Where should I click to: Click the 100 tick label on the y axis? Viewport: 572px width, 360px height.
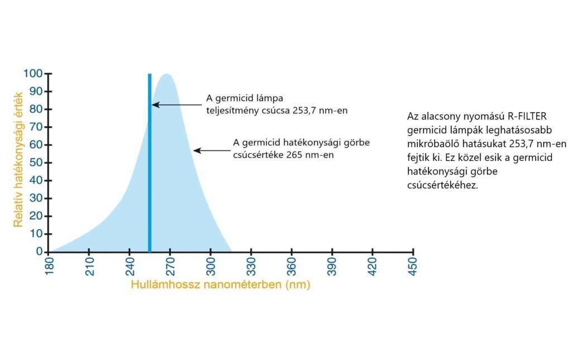click(33, 73)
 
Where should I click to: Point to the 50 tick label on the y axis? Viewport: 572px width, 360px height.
click(36, 163)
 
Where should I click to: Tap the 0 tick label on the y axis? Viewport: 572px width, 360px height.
click(40, 251)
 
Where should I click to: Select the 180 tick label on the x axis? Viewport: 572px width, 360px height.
click(49, 266)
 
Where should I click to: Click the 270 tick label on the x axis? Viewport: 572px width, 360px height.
click(170, 266)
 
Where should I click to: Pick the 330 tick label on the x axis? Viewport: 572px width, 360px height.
click(251, 266)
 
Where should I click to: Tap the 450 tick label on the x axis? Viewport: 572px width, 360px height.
click(413, 266)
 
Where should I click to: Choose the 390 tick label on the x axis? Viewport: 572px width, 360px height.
click(332, 266)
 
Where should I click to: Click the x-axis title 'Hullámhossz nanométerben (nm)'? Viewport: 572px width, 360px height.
click(221, 285)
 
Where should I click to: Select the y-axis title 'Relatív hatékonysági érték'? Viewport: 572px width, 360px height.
click(18, 159)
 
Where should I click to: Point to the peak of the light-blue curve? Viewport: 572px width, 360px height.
click(166, 74)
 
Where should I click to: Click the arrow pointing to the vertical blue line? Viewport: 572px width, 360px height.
click(177, 105)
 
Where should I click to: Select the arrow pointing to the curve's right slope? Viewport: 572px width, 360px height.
click(212, 150)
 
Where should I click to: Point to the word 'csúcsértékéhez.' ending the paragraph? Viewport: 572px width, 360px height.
click(442, 185)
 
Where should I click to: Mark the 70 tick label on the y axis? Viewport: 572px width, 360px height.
click(36, 127)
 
